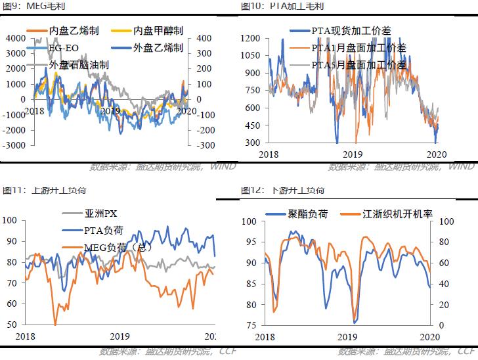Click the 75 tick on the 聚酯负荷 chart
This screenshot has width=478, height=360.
(251, 325)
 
